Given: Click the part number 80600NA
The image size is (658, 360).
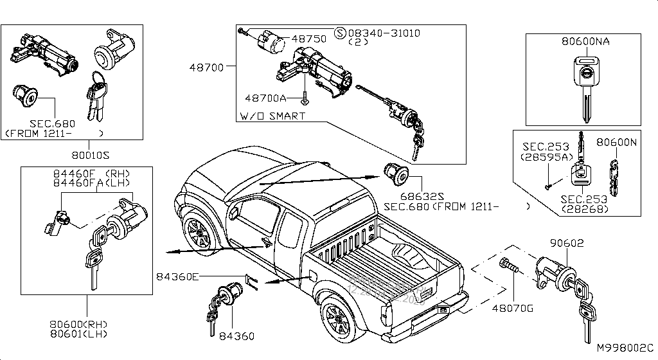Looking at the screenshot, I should click(x=585, y=42).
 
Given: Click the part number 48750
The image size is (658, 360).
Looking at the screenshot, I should click(x=309, y=39).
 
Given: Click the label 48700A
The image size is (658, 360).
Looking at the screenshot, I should click(x=265, y=98).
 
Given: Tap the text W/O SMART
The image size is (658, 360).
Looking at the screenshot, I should click(x=272, y=116).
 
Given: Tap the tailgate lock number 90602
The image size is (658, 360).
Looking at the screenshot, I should click(x=567, y=243).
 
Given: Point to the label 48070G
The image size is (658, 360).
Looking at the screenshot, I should click(x=513, y=308).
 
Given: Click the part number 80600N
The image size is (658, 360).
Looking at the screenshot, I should click(x=616, y=142).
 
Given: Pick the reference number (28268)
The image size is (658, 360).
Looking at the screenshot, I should click(x=583, y=209).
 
